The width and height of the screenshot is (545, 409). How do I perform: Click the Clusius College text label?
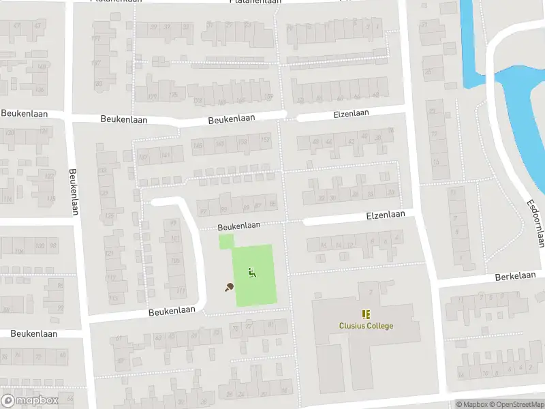coord(366,326)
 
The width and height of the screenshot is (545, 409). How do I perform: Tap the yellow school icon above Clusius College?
coord(367,314)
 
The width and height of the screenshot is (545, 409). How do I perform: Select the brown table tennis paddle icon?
coord(229,287)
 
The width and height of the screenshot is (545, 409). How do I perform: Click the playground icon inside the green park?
coord(252,273)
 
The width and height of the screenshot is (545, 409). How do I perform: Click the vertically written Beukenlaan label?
coord(73,192)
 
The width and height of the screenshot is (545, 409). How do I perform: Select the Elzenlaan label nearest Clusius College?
coord(385,215)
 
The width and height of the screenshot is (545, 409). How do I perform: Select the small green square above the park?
coord(225,241)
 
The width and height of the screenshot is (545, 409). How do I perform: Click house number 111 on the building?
coord(180,291)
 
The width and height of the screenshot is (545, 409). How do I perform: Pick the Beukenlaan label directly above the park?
coord(239,226)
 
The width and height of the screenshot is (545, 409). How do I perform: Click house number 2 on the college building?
coord(370,292)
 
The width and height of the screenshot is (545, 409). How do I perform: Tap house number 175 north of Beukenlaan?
coord(173,95)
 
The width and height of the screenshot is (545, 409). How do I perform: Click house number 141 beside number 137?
coord(165,156)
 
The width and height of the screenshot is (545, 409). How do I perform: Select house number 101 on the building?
coord(174,239)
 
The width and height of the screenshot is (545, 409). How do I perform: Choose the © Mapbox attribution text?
coord(471,404)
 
